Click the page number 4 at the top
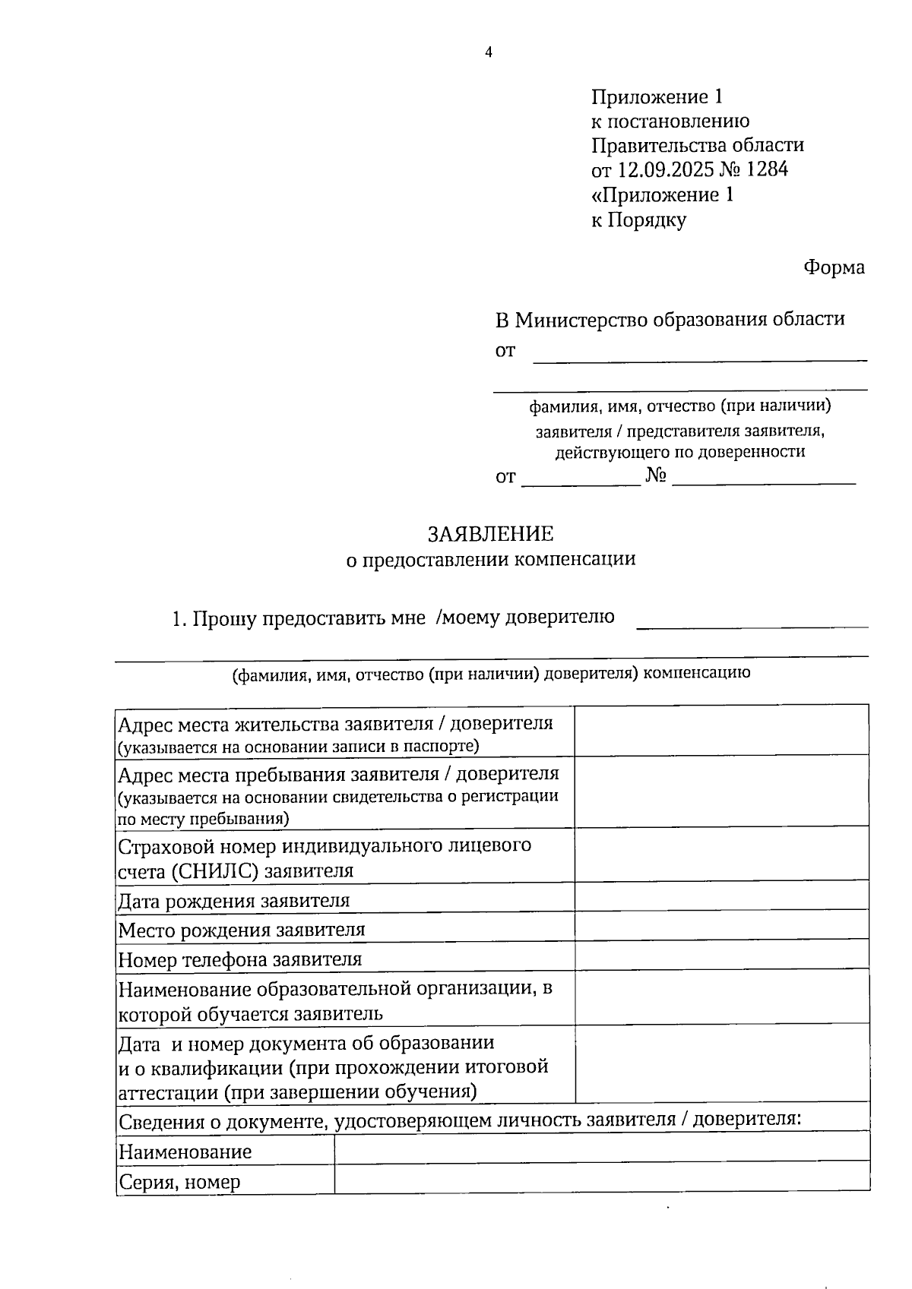(489, 52)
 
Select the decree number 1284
(767, 169)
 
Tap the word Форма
(834, 268)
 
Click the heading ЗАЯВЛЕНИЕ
(490, 534)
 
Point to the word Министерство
(582, 320)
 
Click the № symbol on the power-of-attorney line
(656, 476)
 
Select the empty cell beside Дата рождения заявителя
(721, 896)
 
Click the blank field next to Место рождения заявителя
(721, 924)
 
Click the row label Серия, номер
(179, 1182)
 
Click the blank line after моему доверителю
(752, 624)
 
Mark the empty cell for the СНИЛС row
(721, 853)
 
